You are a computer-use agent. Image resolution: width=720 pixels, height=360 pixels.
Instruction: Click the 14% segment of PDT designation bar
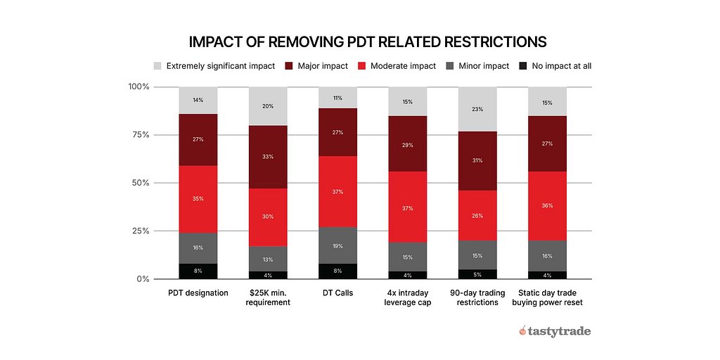click(198, 100)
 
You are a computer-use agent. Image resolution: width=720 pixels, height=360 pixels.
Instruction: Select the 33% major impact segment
click(268, 157)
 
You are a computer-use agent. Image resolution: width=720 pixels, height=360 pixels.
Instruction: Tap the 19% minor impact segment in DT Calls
click(337, 245)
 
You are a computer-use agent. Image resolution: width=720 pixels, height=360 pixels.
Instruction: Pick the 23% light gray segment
click(477, 109)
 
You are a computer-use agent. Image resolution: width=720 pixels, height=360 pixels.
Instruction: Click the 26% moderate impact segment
click(477, 215)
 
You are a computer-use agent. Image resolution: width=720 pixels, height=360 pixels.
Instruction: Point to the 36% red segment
click(547, 206)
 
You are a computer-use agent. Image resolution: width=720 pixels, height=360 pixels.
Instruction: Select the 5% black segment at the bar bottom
click(477, 274)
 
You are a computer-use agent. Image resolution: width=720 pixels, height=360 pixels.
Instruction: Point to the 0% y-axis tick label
click(143, 278)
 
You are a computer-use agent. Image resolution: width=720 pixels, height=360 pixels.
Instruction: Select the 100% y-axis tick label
click(139, 86)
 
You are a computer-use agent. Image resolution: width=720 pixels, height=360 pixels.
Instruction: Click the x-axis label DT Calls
click(337, 292)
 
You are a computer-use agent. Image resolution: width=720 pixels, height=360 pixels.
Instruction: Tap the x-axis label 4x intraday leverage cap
click(407, 297)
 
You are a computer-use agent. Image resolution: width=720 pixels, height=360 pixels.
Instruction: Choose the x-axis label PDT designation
click(198, 292)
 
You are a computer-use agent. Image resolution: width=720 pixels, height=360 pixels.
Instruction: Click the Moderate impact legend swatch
click(361, 65)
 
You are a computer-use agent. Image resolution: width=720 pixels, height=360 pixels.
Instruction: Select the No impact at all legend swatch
click(523, 65)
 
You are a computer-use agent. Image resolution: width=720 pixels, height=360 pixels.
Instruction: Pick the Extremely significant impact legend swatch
click(157, 65)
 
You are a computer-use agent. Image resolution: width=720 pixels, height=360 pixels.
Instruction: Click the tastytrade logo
click(555, 330)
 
